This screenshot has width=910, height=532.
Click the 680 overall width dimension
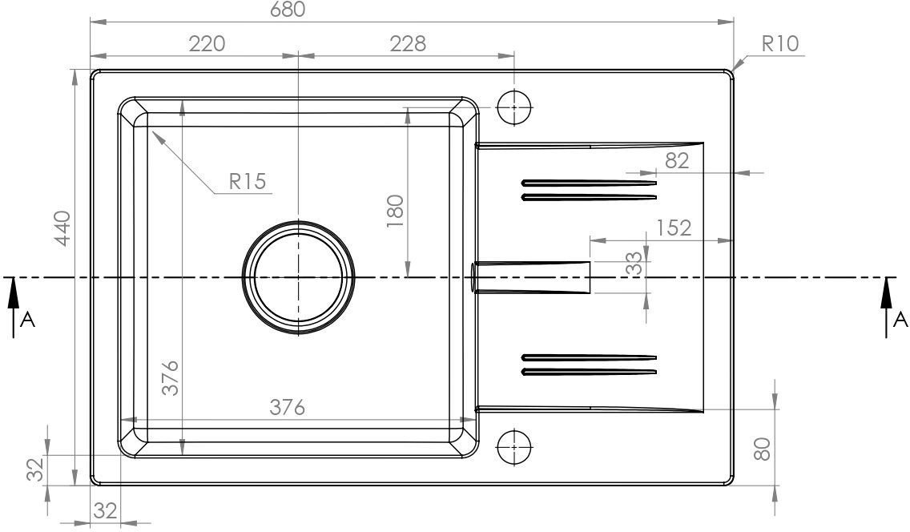[x=288, y=10]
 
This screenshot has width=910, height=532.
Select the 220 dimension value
[x=207, y=43]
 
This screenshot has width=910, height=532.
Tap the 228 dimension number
[x=408, y=43]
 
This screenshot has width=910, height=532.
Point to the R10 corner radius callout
[x=780, y=43]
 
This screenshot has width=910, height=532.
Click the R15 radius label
[x=248, y=182]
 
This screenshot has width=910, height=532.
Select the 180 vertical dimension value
[x=395, y=212]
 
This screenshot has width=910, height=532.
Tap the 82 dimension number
[x=677, y=161]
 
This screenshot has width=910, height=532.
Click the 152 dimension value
[x=674, y=228]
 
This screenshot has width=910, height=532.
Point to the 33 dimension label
[x=635, y=264]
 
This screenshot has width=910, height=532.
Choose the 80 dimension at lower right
[x=762, y=449]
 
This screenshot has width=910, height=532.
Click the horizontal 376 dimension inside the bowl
[x=288, y=408]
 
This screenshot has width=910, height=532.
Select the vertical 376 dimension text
[x=170, y=378]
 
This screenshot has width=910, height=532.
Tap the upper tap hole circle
[x=515, y=107]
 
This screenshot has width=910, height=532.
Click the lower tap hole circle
[x=515, y=447]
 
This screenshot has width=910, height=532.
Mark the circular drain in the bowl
[x=298, y=278]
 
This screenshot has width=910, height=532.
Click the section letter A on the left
[x=28, y=320]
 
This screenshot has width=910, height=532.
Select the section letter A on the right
[x=900, y=319]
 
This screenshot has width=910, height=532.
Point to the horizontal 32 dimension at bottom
[x=106, y=511]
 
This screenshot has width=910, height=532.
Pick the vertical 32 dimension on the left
[x=36, y=470]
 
